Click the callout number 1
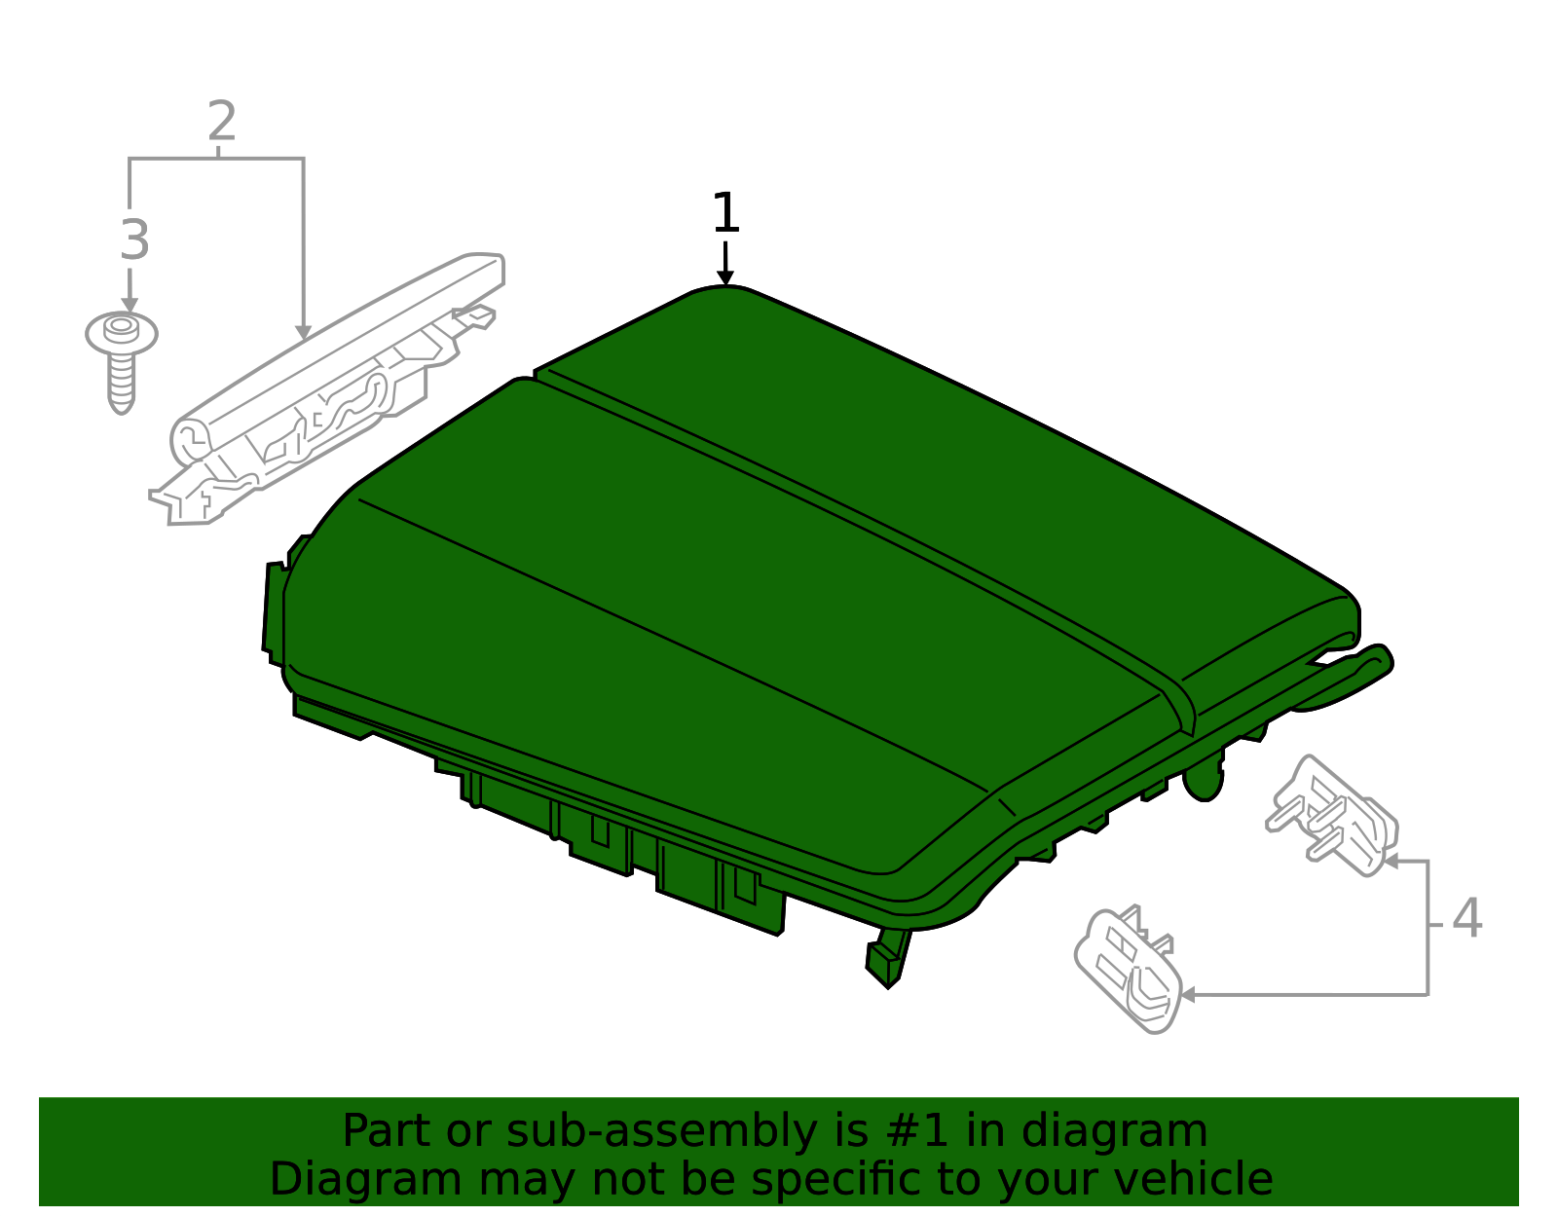point(725,212)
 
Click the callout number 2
point(222,121)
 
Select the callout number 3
point(134,240)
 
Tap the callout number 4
point(1466,918)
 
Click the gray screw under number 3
point(121,362)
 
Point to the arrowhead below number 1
point(725,278)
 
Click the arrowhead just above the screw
point(130,306)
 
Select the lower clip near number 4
point(1128,970)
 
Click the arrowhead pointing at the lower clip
point(1187,995)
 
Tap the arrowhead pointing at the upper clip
point(1391,861)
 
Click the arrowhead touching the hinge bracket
point(303,333)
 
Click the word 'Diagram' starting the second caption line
point(366,1180)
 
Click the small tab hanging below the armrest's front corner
point(888,958)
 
